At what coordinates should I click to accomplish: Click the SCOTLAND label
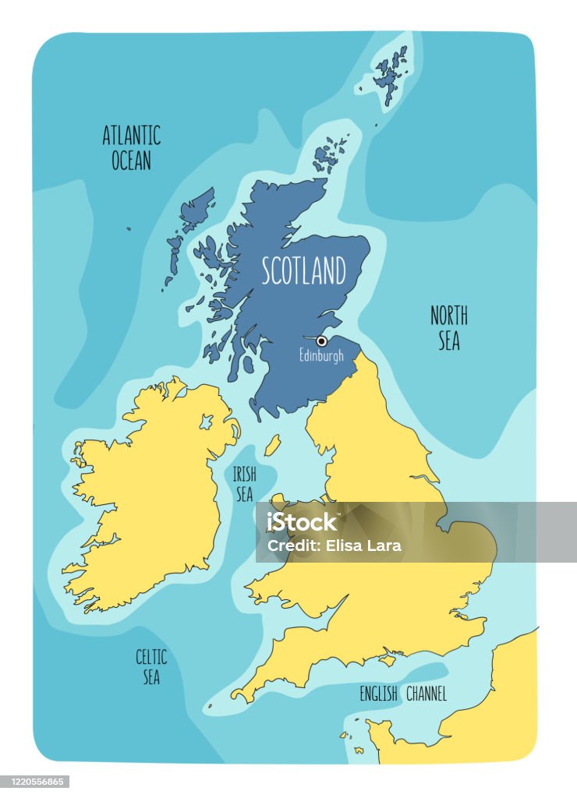click(x=303, y=271)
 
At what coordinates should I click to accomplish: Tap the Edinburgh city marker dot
click(x=321, y=341)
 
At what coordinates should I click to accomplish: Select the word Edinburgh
click(x=321, y=356)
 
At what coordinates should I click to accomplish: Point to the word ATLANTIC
click(x=131, y=136)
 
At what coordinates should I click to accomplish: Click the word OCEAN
click(x=131, y=161)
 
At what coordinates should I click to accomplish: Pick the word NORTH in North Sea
click(x=449, y=316)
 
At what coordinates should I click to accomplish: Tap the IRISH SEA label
click(x=244, y=483)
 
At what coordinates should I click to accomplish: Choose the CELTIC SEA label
click(x=151, y=667)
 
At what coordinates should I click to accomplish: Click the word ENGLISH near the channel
click(x=378, y=694)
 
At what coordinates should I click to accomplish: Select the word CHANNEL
click(x=427, y=694)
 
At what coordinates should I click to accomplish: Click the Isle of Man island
click(x=272, y=446)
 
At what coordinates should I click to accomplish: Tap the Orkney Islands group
click(x=331, y=154)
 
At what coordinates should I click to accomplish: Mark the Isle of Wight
click(x=388, y=659)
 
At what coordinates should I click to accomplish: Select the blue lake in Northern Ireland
click(x=206, y=422)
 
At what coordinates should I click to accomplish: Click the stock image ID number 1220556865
click(x=35, y=782)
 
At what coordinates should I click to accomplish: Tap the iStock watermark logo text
click(x=303, y=523)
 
